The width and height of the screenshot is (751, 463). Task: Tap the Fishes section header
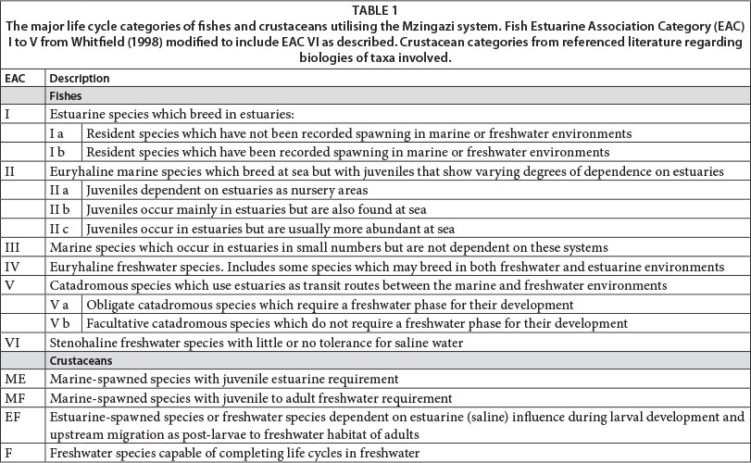66,95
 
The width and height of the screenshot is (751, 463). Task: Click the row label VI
11,342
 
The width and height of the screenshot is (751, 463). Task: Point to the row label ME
14,378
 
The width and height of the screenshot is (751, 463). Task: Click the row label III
12,247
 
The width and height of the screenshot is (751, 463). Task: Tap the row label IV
12,266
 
